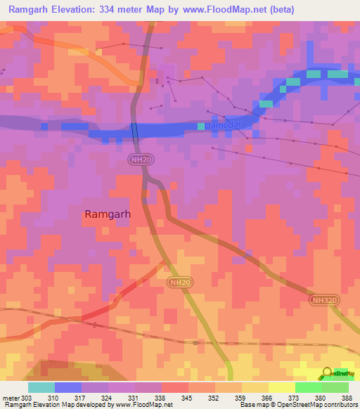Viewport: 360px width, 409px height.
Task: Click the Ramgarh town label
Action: click(108, 214)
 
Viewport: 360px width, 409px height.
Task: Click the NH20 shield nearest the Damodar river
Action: click(141, 160)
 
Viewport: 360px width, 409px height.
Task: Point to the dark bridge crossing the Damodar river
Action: click(135, 131)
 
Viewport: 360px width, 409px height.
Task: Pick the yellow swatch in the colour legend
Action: click(281, 387)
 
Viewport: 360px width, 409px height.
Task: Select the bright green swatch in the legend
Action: click(308, 387)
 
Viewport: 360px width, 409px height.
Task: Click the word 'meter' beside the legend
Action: click(11, 398)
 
